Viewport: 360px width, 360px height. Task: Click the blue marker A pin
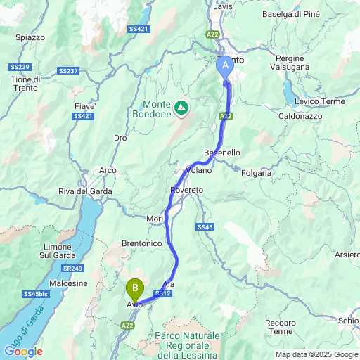[226, 67]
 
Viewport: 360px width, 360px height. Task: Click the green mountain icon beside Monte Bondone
[181, 107]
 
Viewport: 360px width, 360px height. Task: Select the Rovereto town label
[186, 191]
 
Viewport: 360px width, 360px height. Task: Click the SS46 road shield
[205, 227]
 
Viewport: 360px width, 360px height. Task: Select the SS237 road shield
[68, 71]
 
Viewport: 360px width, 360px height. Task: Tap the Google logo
[23, 352]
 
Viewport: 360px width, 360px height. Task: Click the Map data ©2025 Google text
[316, 354]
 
